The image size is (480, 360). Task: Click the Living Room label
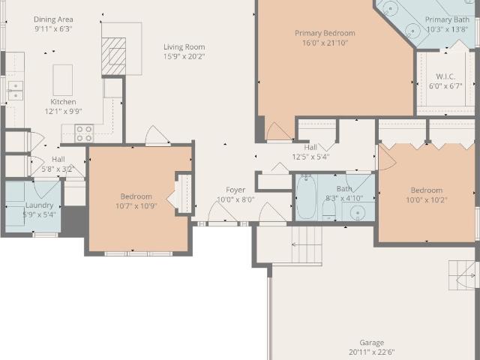point(184,46)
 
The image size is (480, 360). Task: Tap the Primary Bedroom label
point(325,33)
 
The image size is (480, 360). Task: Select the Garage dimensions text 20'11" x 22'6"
point(372,352)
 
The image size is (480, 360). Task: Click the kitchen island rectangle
point(63,80)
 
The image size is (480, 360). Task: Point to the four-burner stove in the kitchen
point(84,133)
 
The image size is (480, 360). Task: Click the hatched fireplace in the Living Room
point(113,56)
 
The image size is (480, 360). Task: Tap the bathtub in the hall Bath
point(306,197)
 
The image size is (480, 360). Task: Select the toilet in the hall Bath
point(329,210)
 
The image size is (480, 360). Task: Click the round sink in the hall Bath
point(358,212)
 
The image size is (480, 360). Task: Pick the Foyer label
point(235,190)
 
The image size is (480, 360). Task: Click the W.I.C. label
point(445,76)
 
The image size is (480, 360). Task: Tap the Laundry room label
point(39,205)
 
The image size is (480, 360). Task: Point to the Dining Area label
point(53,19)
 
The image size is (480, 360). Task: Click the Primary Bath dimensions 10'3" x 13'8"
point(447,29)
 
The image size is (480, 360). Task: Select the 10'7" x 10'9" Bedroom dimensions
point(136,206)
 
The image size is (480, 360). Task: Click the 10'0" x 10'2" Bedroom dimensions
point(427,200)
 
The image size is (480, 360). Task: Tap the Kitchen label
point(63,102)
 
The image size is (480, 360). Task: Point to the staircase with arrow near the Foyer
point(307,244)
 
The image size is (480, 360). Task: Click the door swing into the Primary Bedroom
point(278,132)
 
